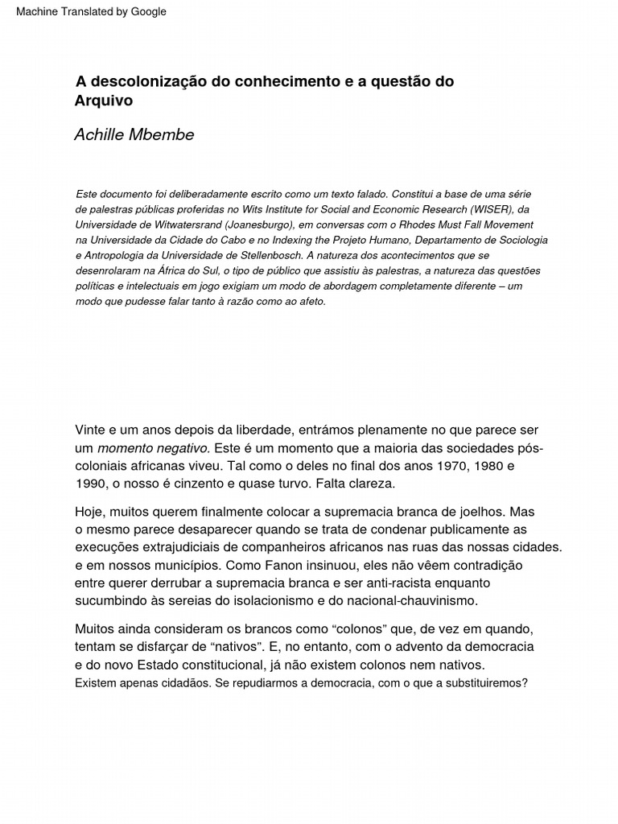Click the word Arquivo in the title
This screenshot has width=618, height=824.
tap(103, 101)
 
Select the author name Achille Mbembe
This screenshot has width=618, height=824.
tap(134, 134)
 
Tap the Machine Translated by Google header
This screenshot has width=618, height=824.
tap(91, 12)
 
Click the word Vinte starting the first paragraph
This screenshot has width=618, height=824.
tap(91, 430)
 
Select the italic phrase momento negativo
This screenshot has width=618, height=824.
tap(153, 448)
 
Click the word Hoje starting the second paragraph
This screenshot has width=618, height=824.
tap(91, 512)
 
